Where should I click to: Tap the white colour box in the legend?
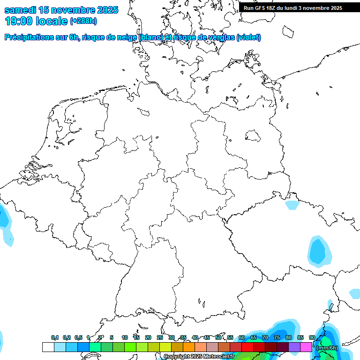pyautogui.click(x=48, y=347)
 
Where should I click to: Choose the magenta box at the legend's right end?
pyautogui.click(x=306, y=347)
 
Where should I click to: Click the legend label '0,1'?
pyautogui.click(x=55, y=338)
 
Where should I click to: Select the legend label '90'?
pyautogui.click(x=312, y=338)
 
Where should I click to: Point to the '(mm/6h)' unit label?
pyautogui.click(x=327, y=348)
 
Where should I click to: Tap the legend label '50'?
pyautogui.click(x=218, y=338)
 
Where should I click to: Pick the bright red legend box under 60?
pyautogui.click(x=247, y=347)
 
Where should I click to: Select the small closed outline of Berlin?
pyautogui.click(x=254, y=136)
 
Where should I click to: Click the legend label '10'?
pyautogui.click(x=125, y=338)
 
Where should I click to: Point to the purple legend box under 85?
pyautogui.click(x=294, y=347)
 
